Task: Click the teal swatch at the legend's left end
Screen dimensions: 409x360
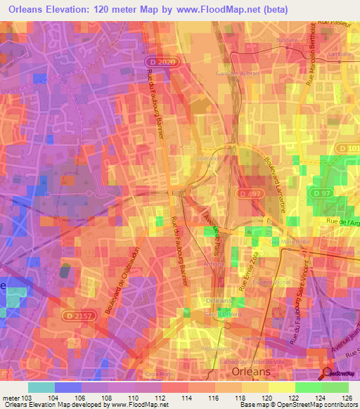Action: point(41,387)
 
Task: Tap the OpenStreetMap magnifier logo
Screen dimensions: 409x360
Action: point(328,372)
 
